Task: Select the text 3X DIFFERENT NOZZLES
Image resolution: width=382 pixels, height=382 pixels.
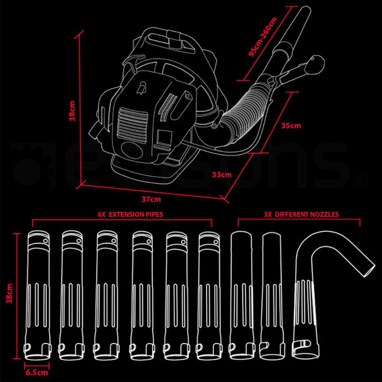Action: tap(299, 215)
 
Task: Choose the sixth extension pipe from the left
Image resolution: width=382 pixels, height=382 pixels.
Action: tap(210, 292)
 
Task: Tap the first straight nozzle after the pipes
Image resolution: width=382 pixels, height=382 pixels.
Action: tap(241, 292)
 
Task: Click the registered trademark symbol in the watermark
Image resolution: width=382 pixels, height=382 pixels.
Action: tap(360, 178)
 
